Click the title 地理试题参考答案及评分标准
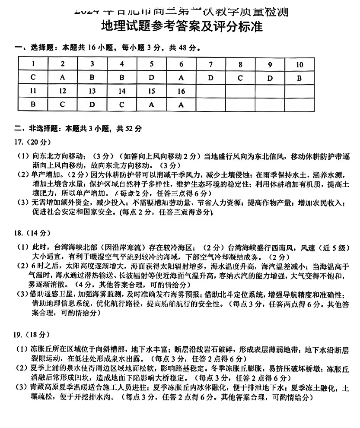[182, 27]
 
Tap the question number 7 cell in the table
[210, 64]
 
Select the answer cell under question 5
[152, 78]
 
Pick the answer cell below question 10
[299, 78]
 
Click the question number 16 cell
[181, 91]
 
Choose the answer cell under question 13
[92, 104]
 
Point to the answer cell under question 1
[33, 78]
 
